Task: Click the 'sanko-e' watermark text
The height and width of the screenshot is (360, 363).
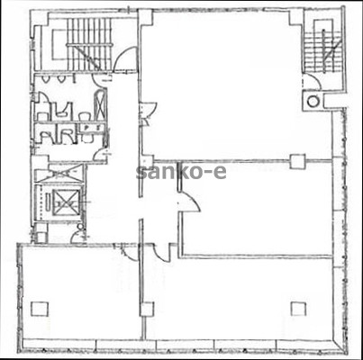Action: [x=181, y=173]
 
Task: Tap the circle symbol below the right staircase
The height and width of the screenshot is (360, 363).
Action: [x=313, y=101]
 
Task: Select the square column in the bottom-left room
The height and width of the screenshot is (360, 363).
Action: [x=40, y=309]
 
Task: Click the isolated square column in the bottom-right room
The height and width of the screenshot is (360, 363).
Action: [x=298, y=309]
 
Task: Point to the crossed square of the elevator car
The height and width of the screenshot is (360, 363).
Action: [x=65, y=202]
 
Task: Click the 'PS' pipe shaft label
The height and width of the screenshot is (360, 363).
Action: [x=93, y=128]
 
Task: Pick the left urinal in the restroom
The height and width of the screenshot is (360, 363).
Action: [x=46, y=79]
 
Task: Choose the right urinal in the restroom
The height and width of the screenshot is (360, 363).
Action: [x=61, y=79]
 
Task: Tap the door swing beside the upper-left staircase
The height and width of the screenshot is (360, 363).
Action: [x=125, y=59]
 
